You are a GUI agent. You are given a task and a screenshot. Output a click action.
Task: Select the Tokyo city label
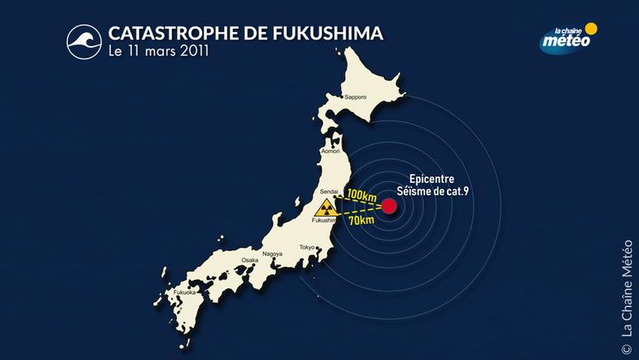pos(308,247)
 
